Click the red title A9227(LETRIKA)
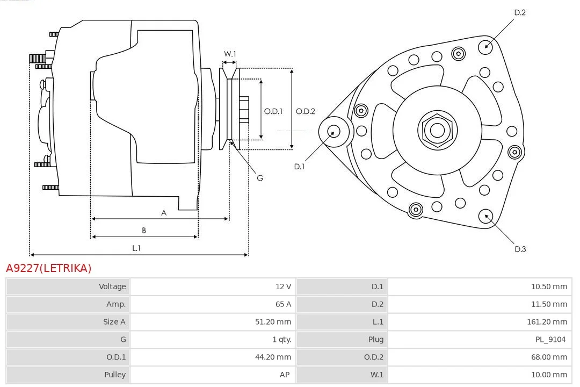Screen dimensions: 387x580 pos(49,268)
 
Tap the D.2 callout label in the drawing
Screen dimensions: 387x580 pos(520,12)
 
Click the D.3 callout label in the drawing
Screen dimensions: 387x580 pos(520,249)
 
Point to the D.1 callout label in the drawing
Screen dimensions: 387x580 pos(299,167)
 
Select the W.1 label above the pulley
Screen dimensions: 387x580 pos(230,54)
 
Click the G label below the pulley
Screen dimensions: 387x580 pos(260,177)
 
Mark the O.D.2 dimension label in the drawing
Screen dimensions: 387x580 pos(306,111)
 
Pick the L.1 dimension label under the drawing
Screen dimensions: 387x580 pos(136,248)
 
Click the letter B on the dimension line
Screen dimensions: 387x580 pos(144,231)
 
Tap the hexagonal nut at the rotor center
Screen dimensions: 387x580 pos(437,130)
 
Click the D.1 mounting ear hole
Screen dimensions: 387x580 pos(334,131)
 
